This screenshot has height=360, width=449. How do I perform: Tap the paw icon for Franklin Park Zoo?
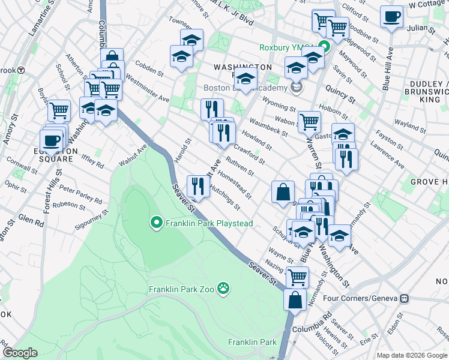coord(223,289)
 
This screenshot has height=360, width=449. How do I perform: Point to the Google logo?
coord(20,353)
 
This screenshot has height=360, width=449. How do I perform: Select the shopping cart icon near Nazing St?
coord(298,277)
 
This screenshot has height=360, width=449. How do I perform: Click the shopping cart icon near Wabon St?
coord(309,122)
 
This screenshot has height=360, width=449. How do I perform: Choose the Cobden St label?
coord(150,69)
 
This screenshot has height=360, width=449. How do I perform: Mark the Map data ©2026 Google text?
coord(412,355)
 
